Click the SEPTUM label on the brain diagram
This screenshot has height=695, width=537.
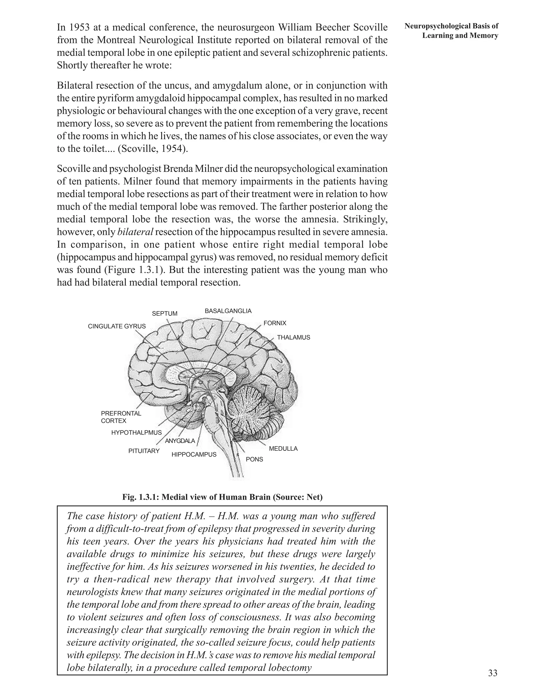click(x=164, y=313)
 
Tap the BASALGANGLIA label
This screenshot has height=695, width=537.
click(x=228, y=311)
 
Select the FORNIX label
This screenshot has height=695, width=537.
click(x=275, y=323)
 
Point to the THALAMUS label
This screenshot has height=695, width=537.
click(x=293, y=337)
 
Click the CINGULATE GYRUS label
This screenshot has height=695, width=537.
click(x=117, y=326)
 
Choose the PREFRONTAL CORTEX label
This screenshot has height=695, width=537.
click(x=121, y=417)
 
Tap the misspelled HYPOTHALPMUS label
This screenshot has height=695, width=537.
click(x=136, y=433)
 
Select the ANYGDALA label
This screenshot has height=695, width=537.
click(x=180, y=441)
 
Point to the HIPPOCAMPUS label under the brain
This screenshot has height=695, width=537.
click(x=194, y=455)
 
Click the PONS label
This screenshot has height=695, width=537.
click(x=255, y=459)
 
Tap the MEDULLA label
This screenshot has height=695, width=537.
click(x=283, y=449)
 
